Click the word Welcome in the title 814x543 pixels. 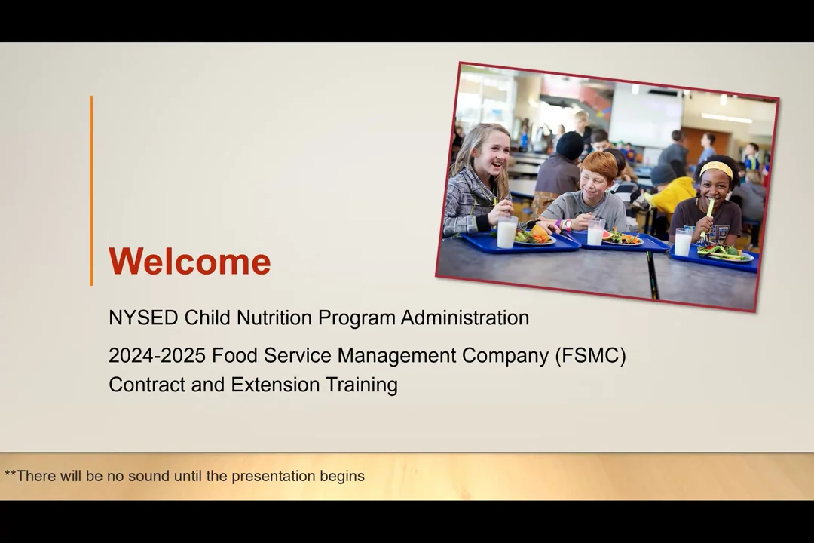[x=189, y=262]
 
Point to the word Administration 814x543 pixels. [x=464, y=318]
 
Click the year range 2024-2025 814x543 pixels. [x=157, y=355]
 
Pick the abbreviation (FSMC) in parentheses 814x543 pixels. [x=590, y=355]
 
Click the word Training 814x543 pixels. [x=361, y=385]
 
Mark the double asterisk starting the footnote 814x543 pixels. [x=10, y=475]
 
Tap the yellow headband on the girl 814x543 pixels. [x=715, y=168]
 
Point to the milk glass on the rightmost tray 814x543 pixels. [x=683, y=242]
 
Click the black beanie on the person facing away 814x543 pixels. [x=570, y=145]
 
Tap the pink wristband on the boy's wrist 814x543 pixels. [x=561, y=224]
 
